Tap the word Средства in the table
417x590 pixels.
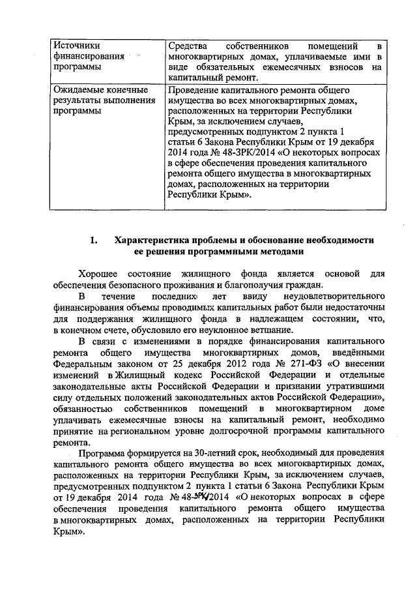click(x=188, y=46)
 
